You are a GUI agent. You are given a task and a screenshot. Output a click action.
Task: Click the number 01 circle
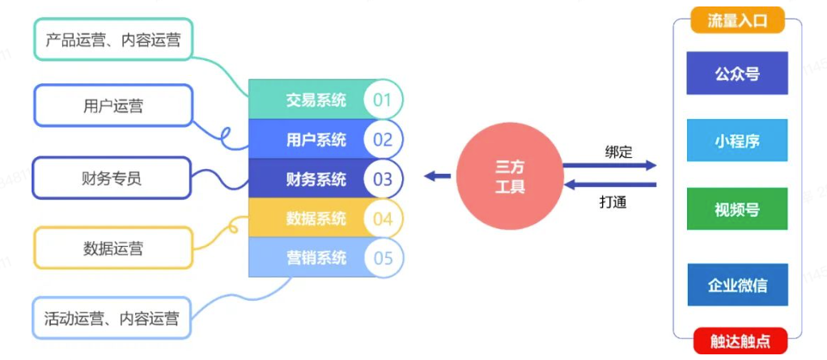382,100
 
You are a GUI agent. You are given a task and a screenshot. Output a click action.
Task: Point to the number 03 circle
382,179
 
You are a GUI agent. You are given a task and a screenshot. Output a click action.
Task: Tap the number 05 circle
382,258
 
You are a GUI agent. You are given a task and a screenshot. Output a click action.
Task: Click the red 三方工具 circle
509,177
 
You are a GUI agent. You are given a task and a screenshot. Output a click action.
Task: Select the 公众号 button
736,73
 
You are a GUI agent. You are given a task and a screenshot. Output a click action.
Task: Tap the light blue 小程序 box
736,141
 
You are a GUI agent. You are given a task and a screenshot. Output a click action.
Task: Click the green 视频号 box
736,210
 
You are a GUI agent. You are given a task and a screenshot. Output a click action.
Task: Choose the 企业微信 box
736,285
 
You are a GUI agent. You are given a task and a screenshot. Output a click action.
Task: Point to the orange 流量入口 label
736,21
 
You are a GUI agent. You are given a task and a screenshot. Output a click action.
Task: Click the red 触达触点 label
736,341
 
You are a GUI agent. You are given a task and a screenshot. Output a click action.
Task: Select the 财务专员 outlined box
112,178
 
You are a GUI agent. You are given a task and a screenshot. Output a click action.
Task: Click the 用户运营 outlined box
112,106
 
